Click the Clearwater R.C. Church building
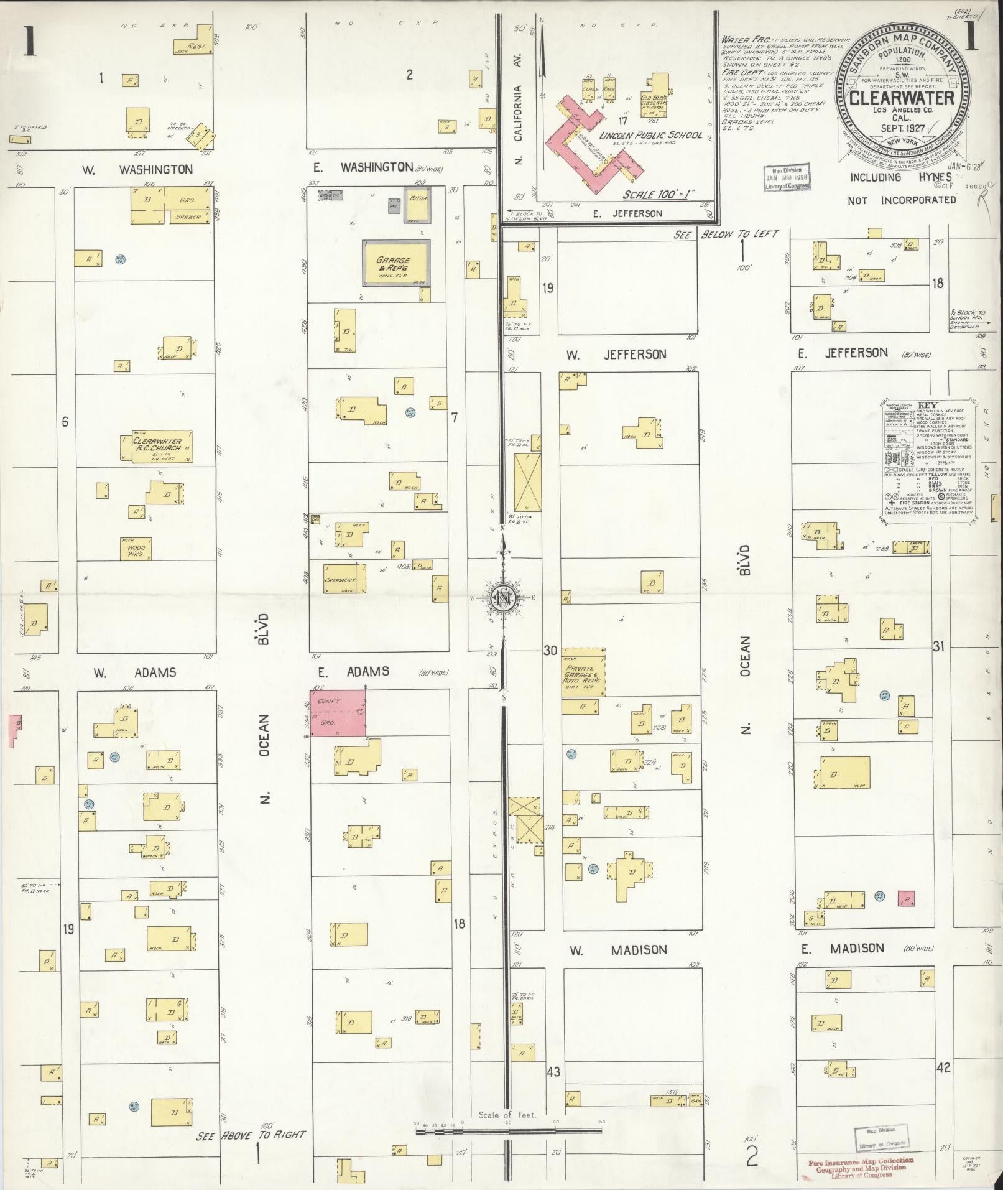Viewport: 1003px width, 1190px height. [x=156, y=447]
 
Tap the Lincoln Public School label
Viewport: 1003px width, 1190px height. [x=651, y=135]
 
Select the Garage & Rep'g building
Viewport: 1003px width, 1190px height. [x=395, y=263]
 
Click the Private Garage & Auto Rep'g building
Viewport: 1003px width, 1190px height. [x=583, y=672]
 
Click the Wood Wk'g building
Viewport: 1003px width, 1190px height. [x=136, y=548]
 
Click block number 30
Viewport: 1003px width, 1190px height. [x=550, y=651]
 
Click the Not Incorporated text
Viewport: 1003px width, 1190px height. [x=902, y=200]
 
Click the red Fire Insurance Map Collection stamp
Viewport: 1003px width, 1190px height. [x=861, y=1165]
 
